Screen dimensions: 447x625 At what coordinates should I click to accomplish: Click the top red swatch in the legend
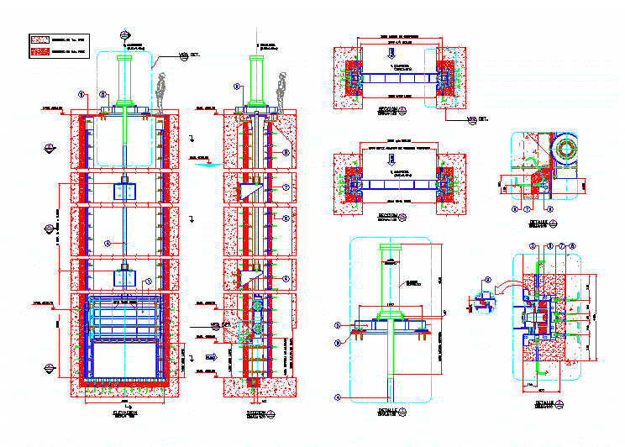39,39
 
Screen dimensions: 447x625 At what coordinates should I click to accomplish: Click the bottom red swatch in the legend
39,52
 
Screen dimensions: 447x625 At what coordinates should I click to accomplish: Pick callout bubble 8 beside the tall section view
286,153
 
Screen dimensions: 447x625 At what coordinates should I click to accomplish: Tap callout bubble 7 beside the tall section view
286,187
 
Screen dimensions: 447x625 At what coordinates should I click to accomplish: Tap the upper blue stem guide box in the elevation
124,190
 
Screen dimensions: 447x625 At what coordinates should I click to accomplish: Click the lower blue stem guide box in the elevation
124,277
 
